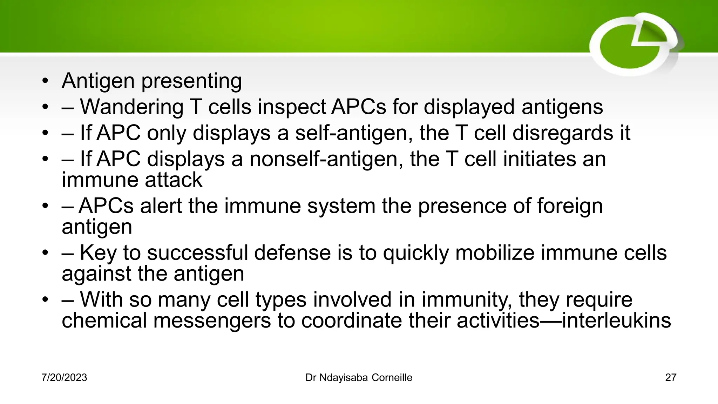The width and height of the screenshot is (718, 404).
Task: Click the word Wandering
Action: pyautogui.click(x=131, y=107)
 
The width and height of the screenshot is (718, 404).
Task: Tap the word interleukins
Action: pyautogui.click(x=616, y=321)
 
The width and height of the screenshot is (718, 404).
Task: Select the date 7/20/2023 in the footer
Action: pyautogui.click(x=64, y=378)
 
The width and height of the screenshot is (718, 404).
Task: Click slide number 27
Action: pyautogui.click(x=670, y=378)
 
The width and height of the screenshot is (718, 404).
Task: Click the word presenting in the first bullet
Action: pyautogui.click(x=191, y=81)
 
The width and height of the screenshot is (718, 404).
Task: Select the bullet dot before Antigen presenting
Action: pyautogui.click(x=45, y=81)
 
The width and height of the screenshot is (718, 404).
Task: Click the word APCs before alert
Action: pyautogui.click(x=106, y=206)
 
